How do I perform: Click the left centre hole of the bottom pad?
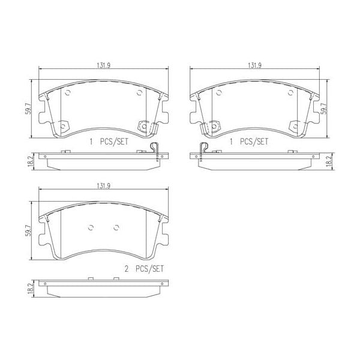coord(91,227)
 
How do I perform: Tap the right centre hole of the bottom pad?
coord(117,227)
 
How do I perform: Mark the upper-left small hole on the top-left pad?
coord(67,92)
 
